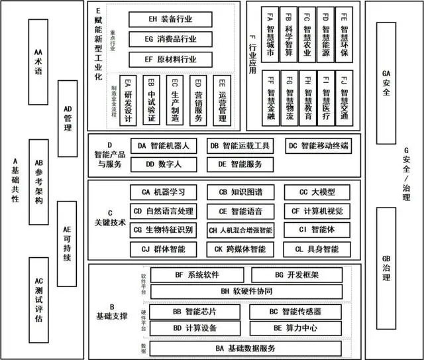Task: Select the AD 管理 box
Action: (68, 117)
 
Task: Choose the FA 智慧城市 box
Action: (270, 34)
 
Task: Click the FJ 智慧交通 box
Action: (344, 97)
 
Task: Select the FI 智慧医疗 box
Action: (326, 97)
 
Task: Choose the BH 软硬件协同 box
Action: (246, 291)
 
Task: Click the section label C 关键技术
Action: (110, 218)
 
